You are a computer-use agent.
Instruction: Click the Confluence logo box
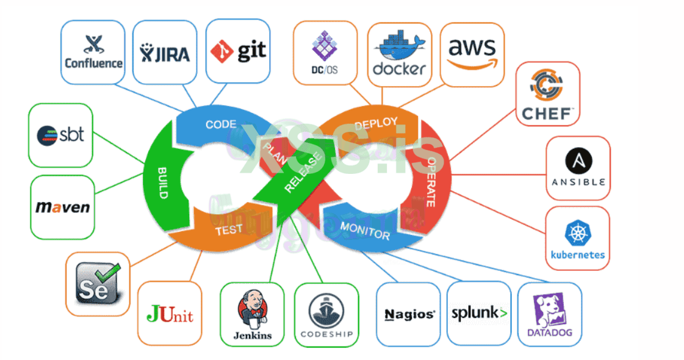93,52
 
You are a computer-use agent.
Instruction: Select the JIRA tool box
165,52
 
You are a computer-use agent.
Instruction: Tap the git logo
238,51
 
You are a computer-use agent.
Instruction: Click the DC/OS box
325,52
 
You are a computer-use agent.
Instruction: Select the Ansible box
578,168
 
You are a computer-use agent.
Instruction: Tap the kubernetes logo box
577,238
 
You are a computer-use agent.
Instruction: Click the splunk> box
479,313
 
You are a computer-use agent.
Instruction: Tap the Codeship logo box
326,314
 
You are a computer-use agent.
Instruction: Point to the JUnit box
170,314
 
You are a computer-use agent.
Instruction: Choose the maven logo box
62,207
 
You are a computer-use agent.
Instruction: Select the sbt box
60,135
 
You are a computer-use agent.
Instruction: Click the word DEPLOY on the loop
375,123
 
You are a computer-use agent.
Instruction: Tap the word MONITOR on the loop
365,231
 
